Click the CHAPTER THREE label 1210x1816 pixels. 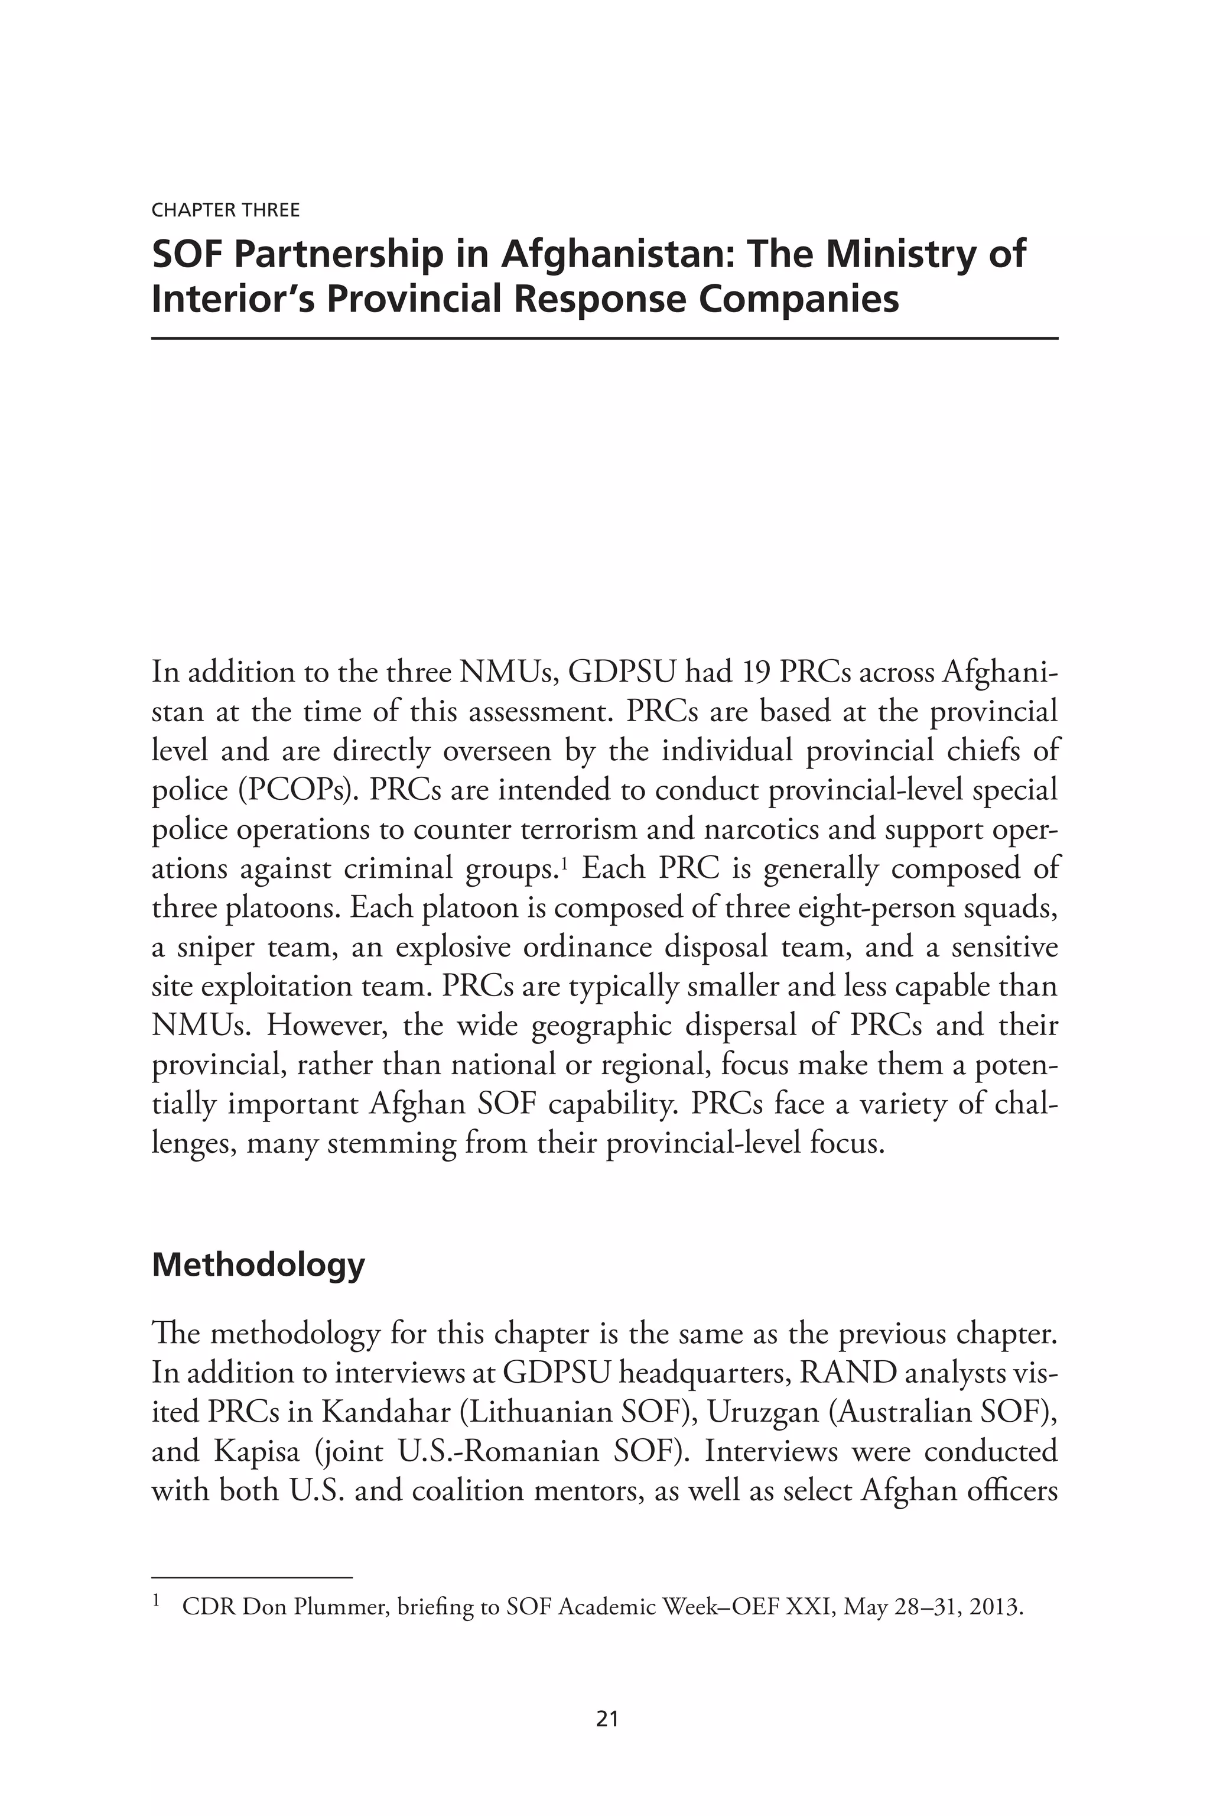pos(225,210)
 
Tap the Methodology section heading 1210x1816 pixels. pos(258,1264)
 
